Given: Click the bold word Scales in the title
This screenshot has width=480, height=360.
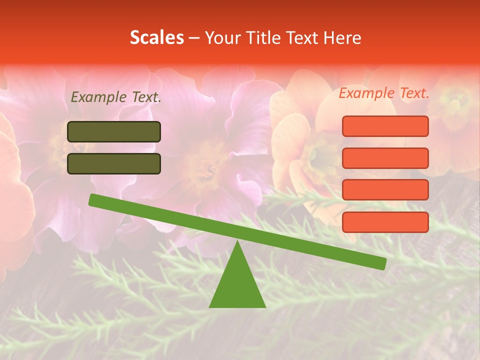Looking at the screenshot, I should tap(156, 37).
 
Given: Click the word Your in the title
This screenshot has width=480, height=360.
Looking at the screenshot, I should tap(223, 37).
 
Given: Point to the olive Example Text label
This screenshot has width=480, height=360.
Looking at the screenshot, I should tap(116, 97).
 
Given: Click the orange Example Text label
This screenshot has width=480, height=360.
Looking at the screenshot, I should tap(384, 93).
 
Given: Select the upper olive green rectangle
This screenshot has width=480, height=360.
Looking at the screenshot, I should tap(114, 131).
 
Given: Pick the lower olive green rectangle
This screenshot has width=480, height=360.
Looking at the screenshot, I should tap(114, 163).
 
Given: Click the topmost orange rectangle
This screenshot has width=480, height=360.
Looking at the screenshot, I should tap(385, 126).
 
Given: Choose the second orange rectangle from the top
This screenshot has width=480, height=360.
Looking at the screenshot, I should tap(385, 158).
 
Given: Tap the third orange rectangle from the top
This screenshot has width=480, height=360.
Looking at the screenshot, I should tap(385, 190).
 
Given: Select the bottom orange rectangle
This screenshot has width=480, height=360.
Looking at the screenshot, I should tap(385, 222).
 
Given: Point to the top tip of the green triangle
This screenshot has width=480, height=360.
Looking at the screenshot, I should tap(237, 242).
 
